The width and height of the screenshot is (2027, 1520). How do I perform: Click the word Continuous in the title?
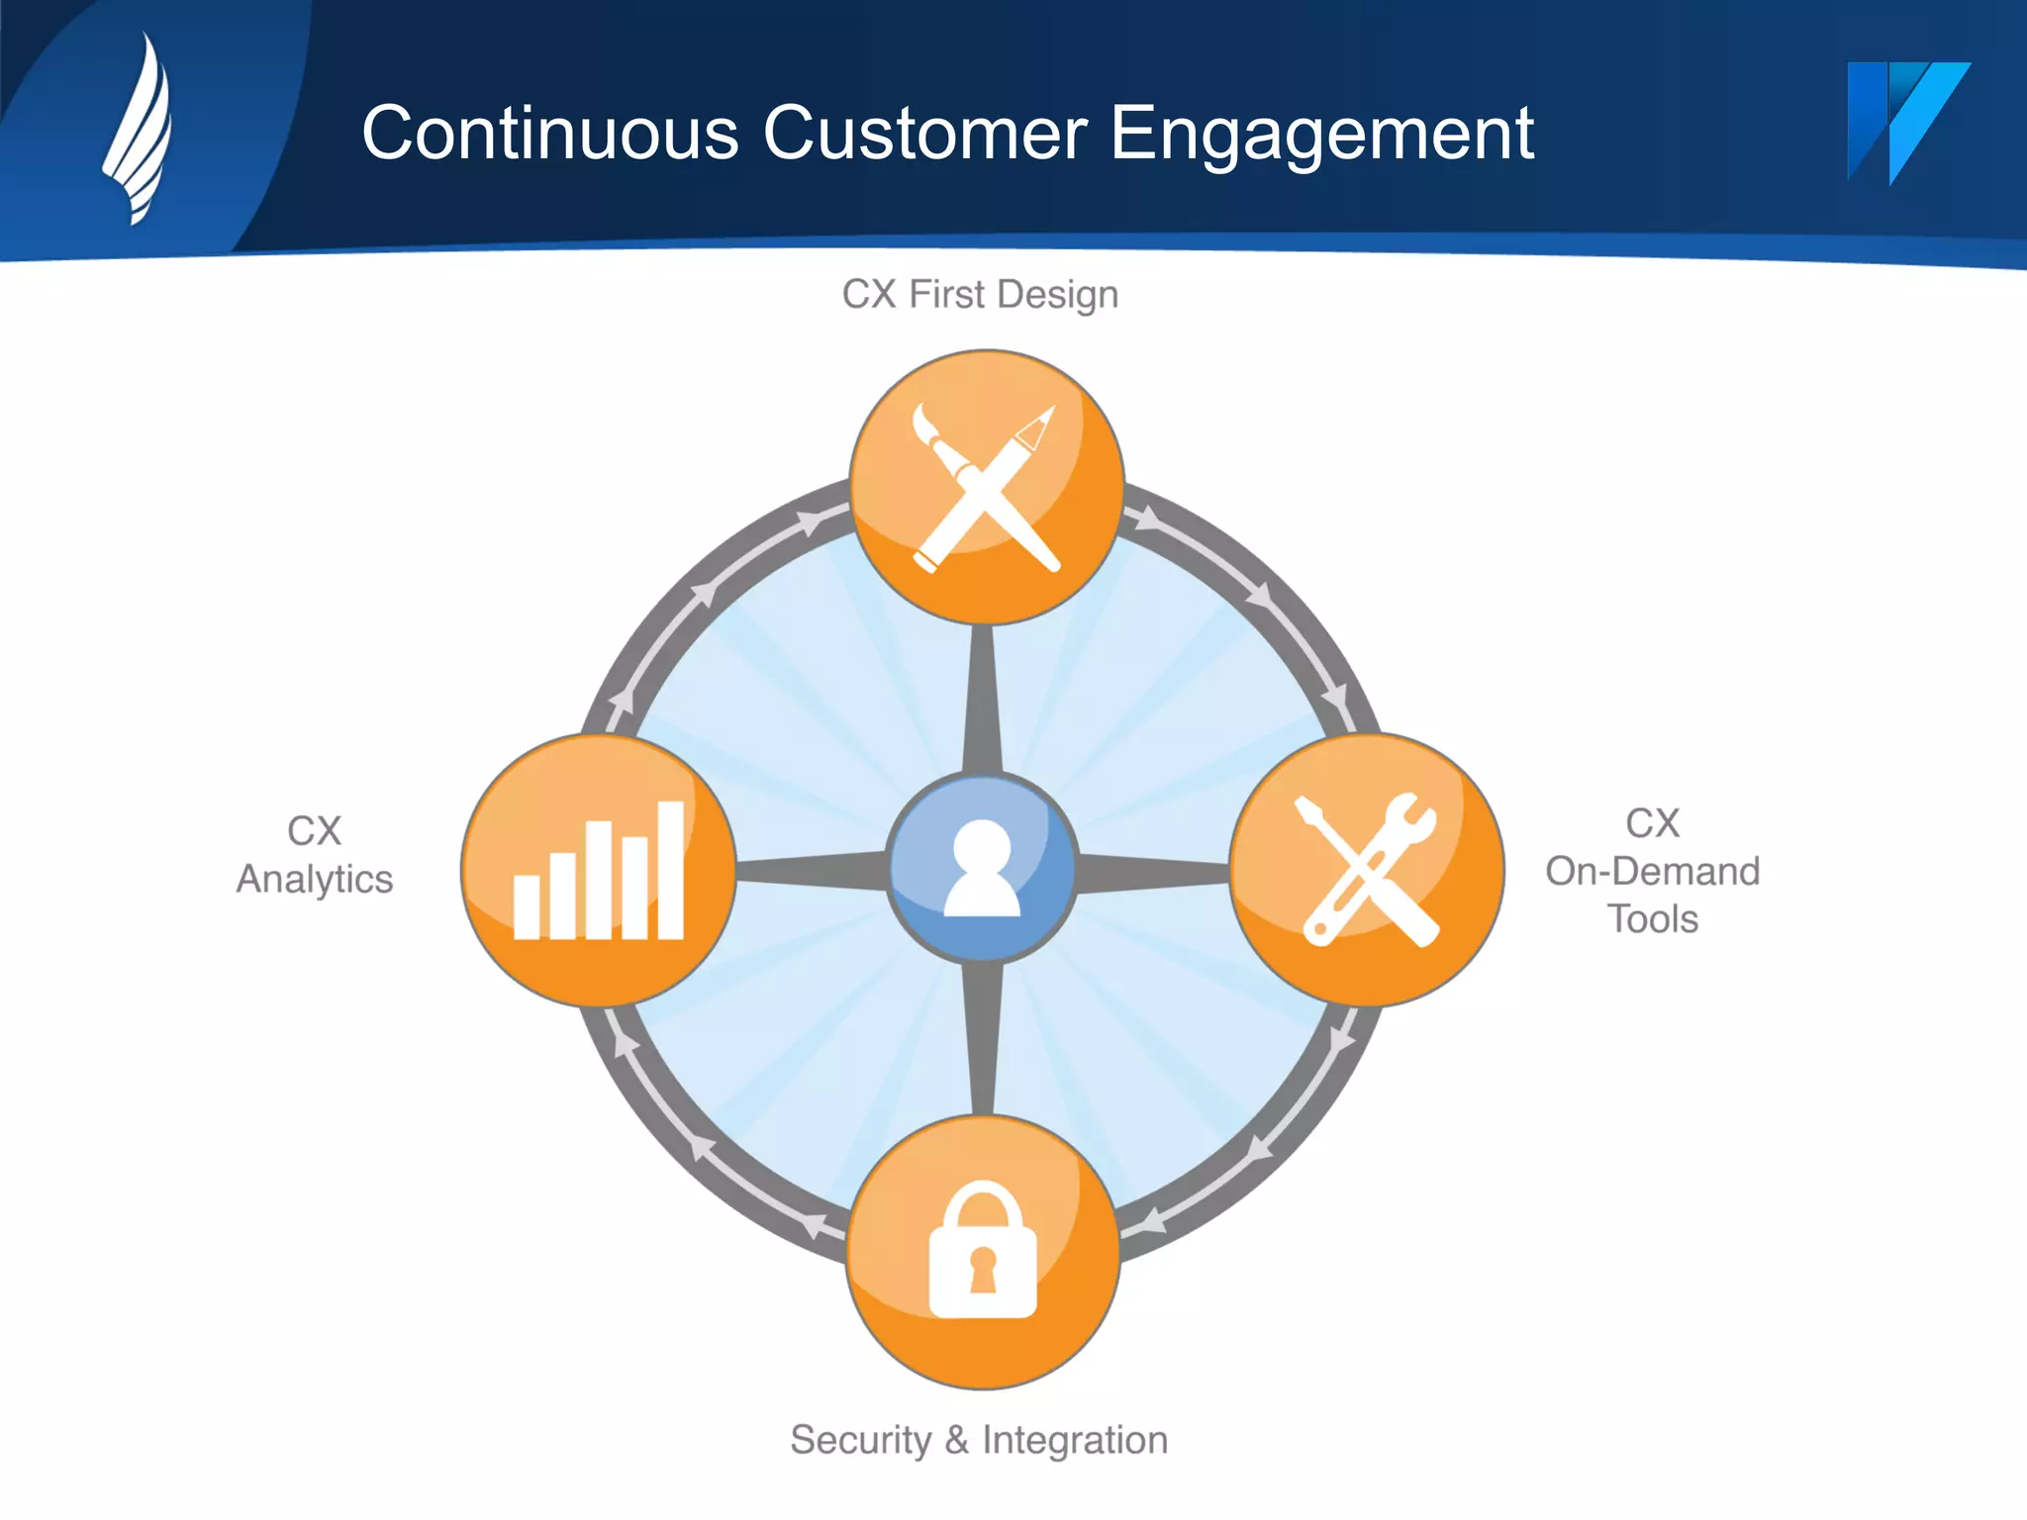pyautogui.click(x=550, y=134)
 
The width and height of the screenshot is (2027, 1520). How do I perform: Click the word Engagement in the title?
pyautogui.click(x=1321, y=134)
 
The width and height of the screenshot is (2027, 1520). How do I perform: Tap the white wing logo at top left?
pyautogui.click(x=140, y=129)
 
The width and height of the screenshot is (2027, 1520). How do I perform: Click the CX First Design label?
pyautogui.click(x=980, y=295)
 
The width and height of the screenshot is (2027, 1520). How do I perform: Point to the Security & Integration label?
pyautogui.click(x=979, y=1440)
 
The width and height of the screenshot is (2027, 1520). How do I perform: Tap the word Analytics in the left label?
pyautogui.click(x=315, y=879)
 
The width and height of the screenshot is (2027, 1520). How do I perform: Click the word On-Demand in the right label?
pyautogui.click(x=1652, y=871)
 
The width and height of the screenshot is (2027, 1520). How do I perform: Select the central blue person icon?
pyautogui.click(x=982, y=868)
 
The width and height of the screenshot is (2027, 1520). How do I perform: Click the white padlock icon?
pyautogui.click(x=983, y=1252)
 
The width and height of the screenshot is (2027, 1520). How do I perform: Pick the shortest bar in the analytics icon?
pyautogui.click(x=527, y=905)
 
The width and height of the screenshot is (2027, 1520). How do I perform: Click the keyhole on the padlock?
pyautogui.click(x=983, y=1270)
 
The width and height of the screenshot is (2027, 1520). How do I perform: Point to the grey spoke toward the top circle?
pyautogui.click(x=982, y=698)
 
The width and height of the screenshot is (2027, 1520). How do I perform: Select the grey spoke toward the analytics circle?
pyautogui.click(x=812, y=869)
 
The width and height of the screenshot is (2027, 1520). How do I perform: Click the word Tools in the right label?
pyautogui.click(x=1652, y=919)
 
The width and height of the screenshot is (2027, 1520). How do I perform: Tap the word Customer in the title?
pyautogui.click(x=924, y=134)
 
